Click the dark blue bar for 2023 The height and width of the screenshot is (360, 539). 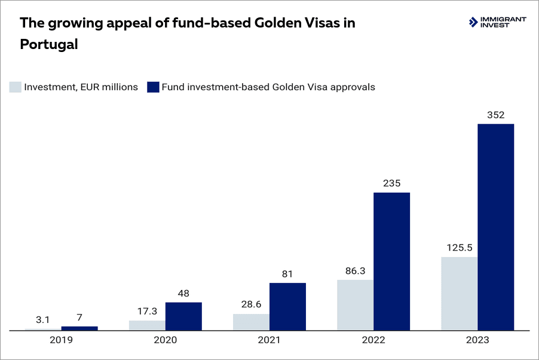(x=495, y=227)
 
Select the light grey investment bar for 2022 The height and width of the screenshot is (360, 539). (x=355, y=304)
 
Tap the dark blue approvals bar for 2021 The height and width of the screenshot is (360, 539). (x=287, y=306)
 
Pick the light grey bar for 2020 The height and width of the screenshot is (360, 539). (x=147, y=325)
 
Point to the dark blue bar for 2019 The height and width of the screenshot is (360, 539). (x=79, y=328)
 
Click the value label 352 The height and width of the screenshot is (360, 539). (x=495, y=114)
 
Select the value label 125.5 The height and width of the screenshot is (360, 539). (x=460, y=248)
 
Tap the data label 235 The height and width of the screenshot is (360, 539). (x=391, y=183)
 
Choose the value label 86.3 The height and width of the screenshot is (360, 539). (x=356, y=270)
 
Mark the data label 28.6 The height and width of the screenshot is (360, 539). (x=251, y=304)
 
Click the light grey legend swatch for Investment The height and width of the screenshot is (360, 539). (x=15, y=87)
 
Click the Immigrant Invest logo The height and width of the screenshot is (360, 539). (x=497, y=22)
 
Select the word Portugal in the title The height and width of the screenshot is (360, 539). (x=49, y=44)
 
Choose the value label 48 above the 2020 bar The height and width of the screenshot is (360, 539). (x=183, y=293)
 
